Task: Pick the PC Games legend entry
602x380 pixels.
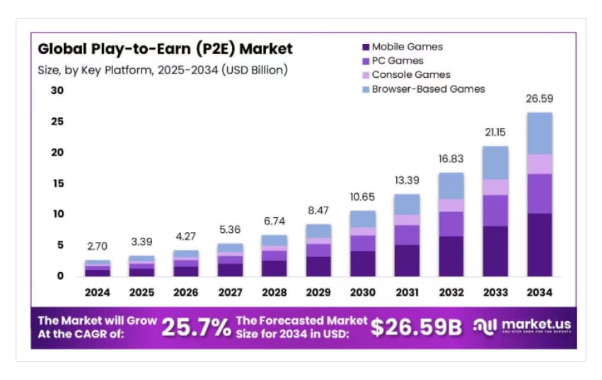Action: point(397,61)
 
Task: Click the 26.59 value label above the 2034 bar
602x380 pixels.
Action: point(539,99)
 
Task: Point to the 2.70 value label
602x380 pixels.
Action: point(98,247)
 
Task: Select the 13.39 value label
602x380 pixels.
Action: point(406,180)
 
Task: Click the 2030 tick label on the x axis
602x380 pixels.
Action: point(362,292)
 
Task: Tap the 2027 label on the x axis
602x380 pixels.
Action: point(230,292)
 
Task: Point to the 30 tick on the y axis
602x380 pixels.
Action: point(57,91)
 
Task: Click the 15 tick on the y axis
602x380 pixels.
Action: point(57,183)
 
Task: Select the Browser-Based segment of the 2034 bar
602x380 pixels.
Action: point(539,133)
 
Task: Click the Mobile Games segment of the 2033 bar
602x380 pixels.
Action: point(495,251)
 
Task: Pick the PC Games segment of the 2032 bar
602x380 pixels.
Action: point(451,224)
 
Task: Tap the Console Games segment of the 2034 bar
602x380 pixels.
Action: point(539,164)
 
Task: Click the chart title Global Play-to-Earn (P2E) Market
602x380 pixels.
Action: point(165,50)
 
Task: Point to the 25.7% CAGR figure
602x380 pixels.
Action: point(196,327)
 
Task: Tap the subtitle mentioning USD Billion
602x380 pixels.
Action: point(163,70)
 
